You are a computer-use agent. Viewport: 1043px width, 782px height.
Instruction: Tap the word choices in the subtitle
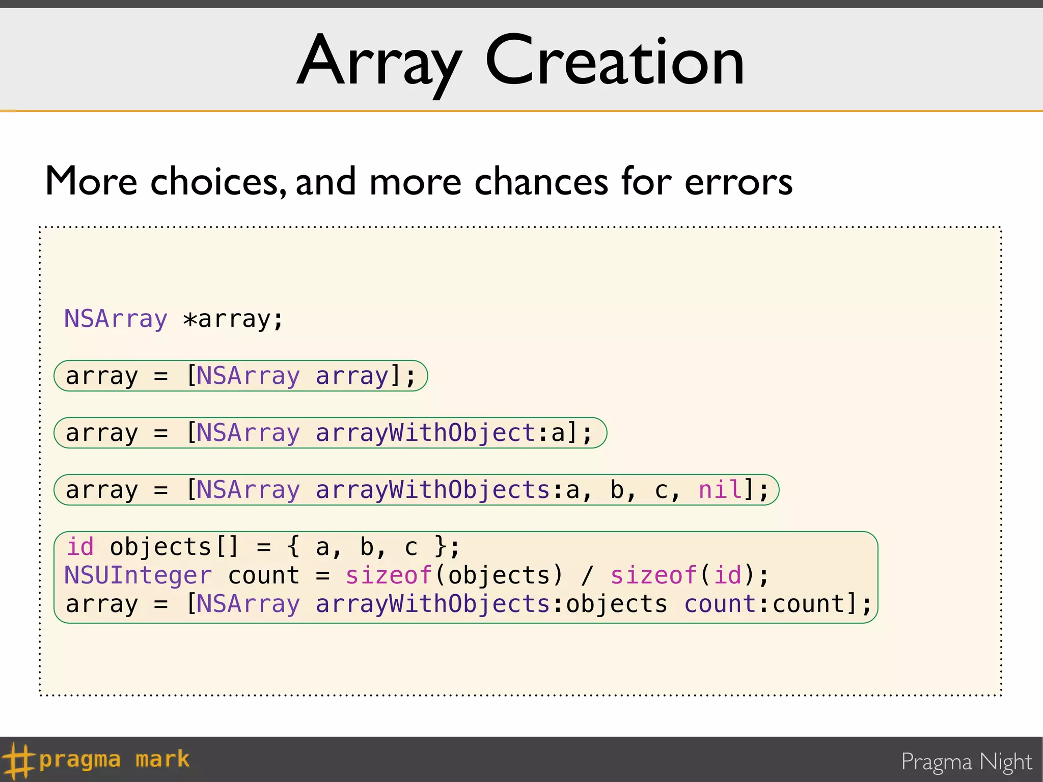point(218,182)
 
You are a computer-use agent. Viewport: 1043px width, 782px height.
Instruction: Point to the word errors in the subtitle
point(738,182)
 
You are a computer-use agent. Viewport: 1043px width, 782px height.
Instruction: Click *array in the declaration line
point(233,320)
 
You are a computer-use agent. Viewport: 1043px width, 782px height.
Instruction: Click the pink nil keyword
point(720,490)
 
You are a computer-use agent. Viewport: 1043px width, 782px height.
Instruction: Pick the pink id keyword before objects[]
point(80,547)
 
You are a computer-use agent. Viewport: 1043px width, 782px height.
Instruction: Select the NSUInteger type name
point(138,575)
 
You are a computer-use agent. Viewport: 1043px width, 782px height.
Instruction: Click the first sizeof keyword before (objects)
point(389,575)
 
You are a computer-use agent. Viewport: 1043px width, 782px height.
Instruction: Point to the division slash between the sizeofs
point(587,575)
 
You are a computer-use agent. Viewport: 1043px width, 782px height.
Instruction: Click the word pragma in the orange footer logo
point(80,760)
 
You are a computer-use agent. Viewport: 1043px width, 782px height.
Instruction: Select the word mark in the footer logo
point(162,760)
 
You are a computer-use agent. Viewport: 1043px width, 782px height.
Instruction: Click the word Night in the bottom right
point(1005,762)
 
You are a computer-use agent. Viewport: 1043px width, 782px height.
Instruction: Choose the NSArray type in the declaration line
point(116,320)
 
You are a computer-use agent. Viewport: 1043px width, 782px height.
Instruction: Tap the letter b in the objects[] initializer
point(367,547)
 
